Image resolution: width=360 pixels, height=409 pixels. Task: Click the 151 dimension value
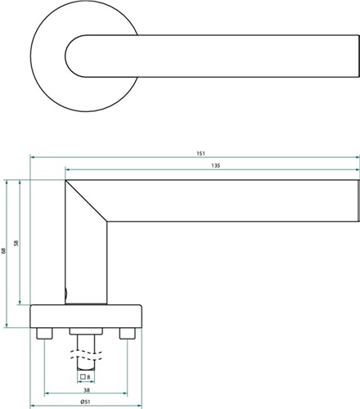coord(200,154)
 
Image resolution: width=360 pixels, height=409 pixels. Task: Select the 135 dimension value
coord(215,166)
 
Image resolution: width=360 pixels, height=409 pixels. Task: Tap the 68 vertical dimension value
coord(3,250)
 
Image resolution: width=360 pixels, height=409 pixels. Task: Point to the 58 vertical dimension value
coord(16,243)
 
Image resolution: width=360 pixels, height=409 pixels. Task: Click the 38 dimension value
coord(87,390)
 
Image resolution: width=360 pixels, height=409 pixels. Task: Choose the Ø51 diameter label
coord(85,402)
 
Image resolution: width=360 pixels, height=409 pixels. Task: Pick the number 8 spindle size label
coord(88,377)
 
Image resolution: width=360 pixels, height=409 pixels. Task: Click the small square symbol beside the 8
coord(83,377)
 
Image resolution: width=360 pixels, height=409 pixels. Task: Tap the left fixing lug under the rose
coord(44,334)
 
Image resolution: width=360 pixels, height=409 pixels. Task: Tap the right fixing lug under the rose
coord(127,334)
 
